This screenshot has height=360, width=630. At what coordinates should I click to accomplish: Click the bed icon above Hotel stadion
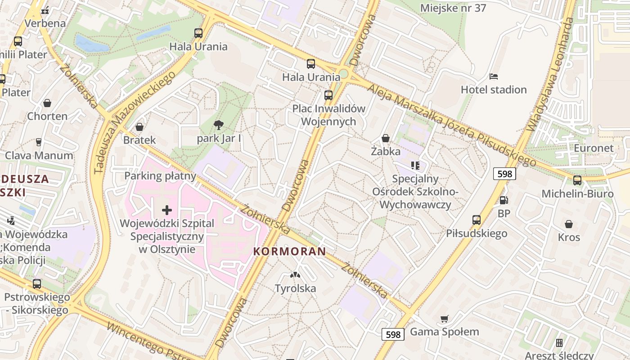tap(494, 76)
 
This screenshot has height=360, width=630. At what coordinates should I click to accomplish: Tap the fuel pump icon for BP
tap(504, 200)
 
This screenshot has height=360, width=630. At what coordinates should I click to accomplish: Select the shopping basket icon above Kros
tap(569, 224)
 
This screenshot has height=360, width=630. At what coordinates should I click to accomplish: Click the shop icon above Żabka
tap(386, 138)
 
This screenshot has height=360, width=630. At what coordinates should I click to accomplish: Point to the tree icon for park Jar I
tap(219, 125)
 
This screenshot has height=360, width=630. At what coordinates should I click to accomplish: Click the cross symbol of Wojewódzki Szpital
tap(167, 210)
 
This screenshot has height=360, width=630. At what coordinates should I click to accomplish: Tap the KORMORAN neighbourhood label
tap(289, 252)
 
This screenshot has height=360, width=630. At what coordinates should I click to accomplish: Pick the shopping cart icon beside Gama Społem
tap(445, 319)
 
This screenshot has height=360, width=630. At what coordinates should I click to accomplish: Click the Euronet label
tap(594, 148)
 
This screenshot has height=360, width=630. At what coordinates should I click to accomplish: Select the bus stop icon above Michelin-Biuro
tap(577, 180)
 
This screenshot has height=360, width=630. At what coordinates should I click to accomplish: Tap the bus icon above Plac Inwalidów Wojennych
tap(328, 95)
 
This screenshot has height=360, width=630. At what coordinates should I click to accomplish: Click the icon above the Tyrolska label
tap(295, 274)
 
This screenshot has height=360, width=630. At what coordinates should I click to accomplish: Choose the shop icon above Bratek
tap(139, 127)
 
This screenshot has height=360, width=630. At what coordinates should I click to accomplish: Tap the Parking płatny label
tap(160, 175)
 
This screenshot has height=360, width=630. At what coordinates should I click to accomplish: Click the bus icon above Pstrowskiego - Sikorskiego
tap(37, 284)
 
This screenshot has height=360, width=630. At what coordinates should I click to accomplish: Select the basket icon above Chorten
tap(47, 103)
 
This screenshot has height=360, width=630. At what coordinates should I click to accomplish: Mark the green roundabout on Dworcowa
tap(343, 73)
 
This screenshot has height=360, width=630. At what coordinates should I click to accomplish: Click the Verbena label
tap(45, 23)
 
